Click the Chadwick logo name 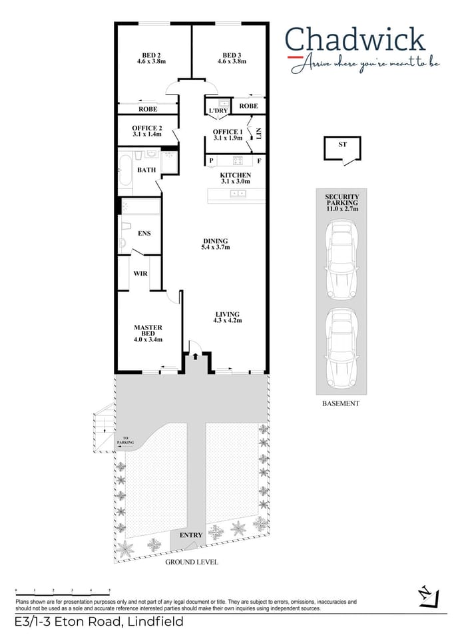(354, 40)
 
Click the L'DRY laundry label (218, 110)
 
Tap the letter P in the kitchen (211, 161)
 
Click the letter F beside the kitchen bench (259, 161)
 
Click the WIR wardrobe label (140, 274)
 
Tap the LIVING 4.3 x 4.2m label (227, 317)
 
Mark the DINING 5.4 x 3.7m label (215, 244)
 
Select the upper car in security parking (340, 260)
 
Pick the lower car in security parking (340, 349)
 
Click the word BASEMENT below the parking (340, 403)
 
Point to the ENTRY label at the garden (190, 535)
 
